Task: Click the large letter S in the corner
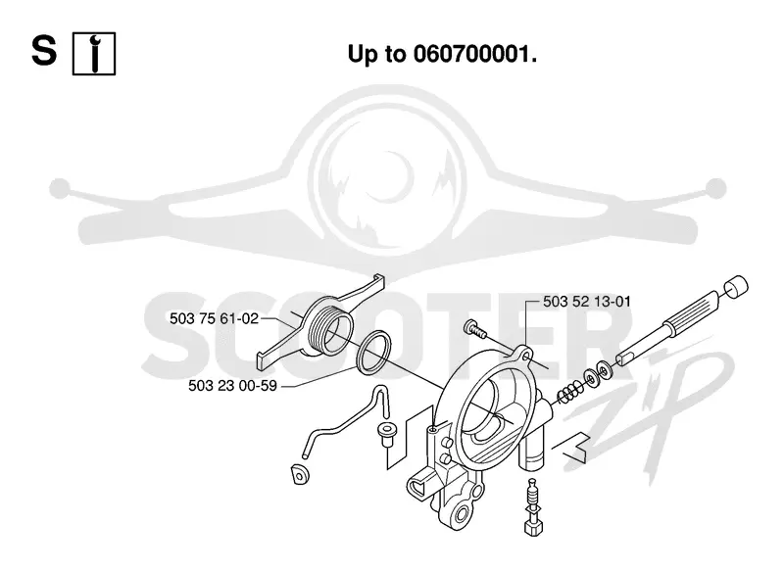[x=44, y=51]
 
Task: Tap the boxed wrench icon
[x=94, y=54]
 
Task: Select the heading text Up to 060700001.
[x=442, y=54]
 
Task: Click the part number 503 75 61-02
[x=214, y=318]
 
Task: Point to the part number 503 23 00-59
[x=232, y=386]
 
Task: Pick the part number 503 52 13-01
[x=587, y=302]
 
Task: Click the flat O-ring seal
[x=374, y=353]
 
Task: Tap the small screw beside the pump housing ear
[x=476, y=330]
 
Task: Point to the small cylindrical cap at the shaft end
[x=737, y=287]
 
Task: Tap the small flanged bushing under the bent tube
[x=386, y=435]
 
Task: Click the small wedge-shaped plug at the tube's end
[x=300, y=474]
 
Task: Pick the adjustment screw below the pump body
[x=533, y=506]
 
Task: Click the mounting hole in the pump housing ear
[x=524, y=357]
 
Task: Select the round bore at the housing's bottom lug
[x=462, y=511]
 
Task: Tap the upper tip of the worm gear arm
[x=379, y=278]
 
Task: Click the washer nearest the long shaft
[x=606, y=371]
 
